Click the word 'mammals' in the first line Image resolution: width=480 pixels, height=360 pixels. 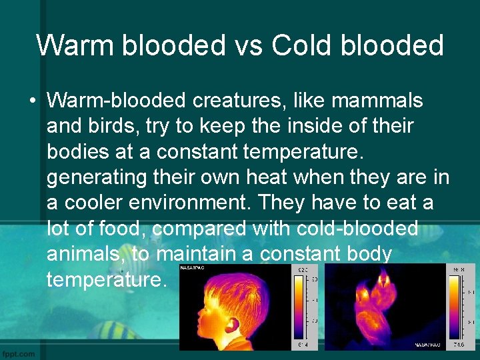(377, 101)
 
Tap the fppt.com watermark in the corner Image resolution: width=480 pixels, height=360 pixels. (19, 353)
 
